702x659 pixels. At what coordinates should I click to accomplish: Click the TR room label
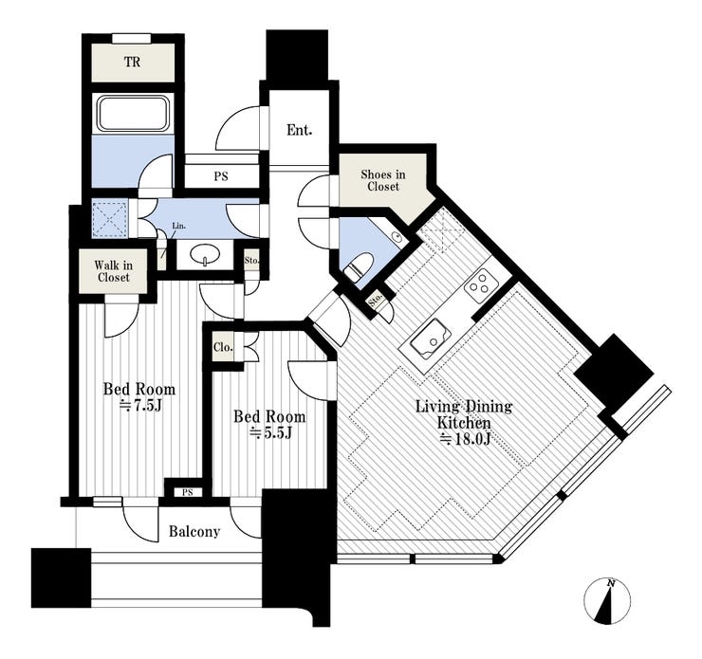132,63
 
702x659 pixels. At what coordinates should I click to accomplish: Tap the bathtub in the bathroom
134,113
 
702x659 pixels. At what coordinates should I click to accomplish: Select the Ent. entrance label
299,130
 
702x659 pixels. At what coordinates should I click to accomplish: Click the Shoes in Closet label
383,181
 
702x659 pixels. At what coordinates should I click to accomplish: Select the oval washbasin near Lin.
206,254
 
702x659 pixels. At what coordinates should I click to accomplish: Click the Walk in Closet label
113,271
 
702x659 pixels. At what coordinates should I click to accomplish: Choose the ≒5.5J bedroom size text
270,433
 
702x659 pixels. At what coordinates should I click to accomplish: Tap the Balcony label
194,532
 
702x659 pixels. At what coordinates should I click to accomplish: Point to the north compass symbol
607,601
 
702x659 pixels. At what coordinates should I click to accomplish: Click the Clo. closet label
223,347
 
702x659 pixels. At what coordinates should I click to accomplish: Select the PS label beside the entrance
221,176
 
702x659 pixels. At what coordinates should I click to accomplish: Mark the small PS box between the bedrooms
188,492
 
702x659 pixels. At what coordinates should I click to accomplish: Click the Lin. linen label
178,227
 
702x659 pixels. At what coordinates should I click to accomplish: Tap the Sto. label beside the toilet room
375,302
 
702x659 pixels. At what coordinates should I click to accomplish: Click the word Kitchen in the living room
464,423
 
